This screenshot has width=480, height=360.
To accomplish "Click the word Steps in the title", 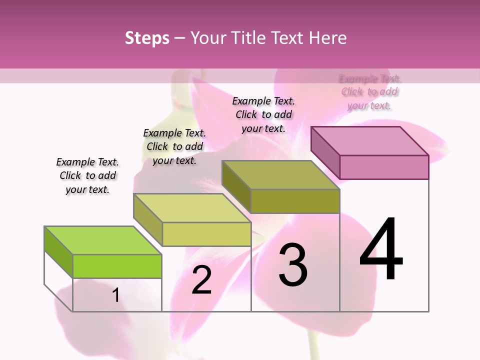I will (x=147, y=38).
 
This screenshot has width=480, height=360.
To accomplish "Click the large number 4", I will (x=381, y=249).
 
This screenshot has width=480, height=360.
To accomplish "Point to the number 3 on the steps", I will (x=292, y=264).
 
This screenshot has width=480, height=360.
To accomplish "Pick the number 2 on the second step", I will (x=201, y=280).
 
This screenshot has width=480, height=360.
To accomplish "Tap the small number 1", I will (x=115, y=295).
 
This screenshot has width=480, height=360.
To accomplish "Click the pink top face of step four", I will (x=370, y=141).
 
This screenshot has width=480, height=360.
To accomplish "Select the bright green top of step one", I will (x=103, y=240).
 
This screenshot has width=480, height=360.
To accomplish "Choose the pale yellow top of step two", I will (x=192, y=208).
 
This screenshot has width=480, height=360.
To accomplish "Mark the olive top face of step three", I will (x=280, y=175).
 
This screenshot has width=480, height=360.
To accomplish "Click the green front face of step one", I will (x=117, y=266).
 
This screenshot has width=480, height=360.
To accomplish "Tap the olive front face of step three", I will (x=295, y=201).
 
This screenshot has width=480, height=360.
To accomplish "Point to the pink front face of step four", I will (x=384, y=167).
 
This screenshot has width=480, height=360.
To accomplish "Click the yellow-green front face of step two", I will (x=206, y=234).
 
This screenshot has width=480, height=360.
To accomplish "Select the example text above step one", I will (x=87, y=175).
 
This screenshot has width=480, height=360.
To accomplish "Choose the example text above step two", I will (x=174, y=146).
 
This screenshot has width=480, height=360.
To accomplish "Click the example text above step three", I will (x=263, y=114).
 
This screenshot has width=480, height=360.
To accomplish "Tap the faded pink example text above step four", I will (x=369, y=92).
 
